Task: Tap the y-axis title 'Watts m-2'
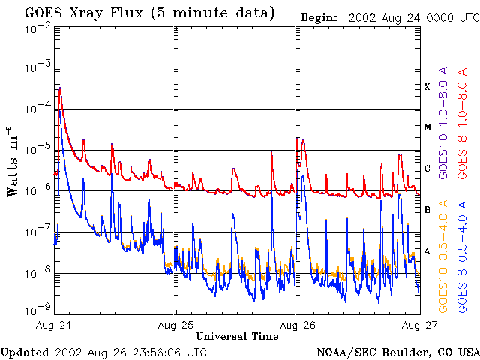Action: [x=13, y=160]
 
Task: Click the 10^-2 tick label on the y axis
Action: [x=37, y=28]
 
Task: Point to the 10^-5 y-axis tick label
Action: [x=37, y=150]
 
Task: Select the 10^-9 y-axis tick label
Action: [x=37, y=308]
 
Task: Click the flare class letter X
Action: [x=427, y=87]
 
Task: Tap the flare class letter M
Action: [x=427, y=127]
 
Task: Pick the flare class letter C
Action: [x=427, y=169]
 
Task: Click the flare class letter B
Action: [x=427, y=209]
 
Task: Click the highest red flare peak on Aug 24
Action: [x=59, y=88]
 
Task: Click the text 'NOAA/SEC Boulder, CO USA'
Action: [x=397, y=352]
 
